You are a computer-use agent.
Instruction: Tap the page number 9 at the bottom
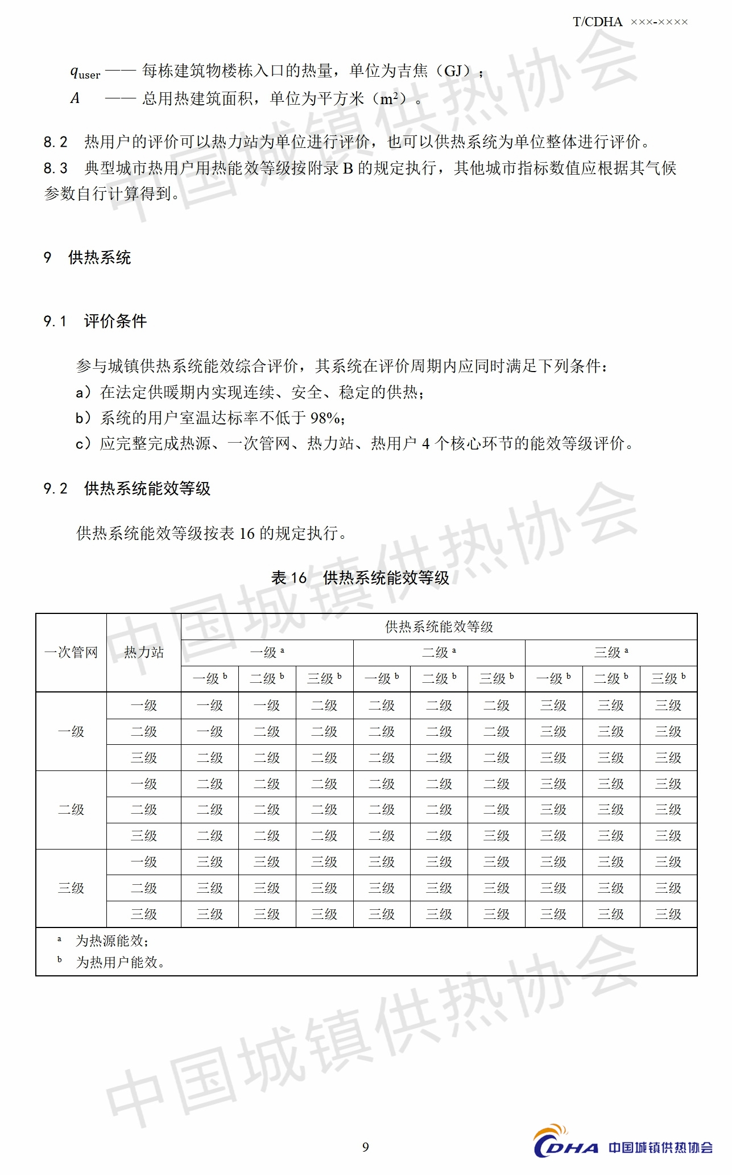366,1147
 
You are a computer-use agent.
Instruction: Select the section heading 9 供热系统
88,258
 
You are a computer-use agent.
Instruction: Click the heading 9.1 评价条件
95,321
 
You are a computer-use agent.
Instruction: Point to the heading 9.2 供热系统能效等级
127,489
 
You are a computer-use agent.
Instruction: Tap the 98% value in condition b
325,418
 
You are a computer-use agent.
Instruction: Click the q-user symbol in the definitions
85,72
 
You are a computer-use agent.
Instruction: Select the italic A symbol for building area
75,98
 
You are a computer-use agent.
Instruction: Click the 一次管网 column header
71,652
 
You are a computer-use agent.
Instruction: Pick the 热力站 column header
144,652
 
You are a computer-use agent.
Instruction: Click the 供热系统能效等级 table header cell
439,627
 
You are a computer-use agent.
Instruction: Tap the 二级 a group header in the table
439,653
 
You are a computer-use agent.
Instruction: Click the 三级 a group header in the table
611,653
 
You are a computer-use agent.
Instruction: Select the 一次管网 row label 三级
71,888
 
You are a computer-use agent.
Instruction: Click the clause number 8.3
55,168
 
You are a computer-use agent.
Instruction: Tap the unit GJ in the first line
453,71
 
